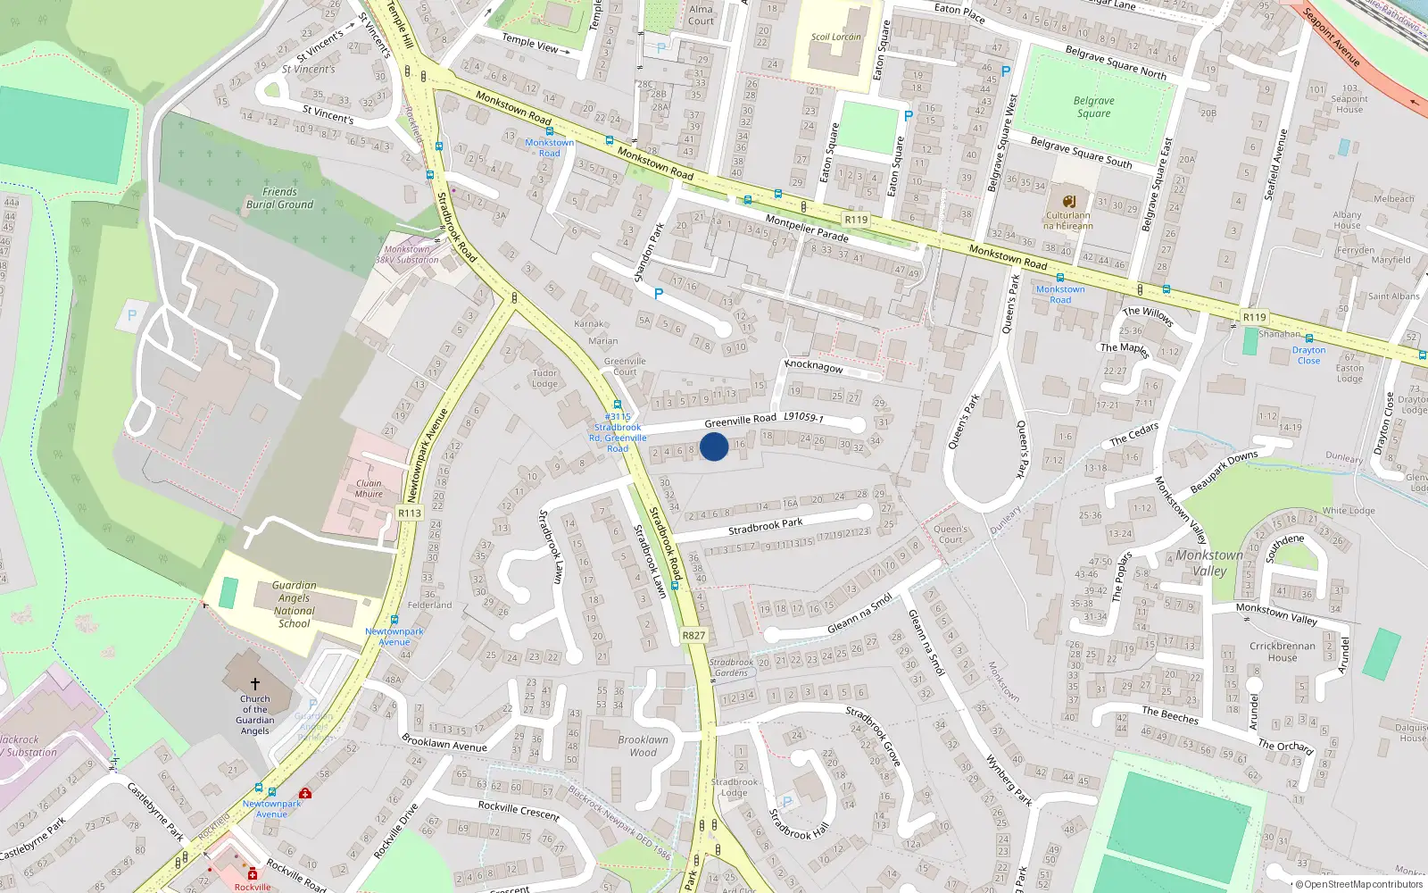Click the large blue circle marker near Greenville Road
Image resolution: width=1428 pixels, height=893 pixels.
(714, 446)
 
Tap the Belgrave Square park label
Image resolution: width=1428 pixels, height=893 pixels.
(1093, 107)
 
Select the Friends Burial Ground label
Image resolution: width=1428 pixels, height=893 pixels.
(279, 198)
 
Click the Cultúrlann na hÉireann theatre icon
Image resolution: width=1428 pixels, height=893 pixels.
(1068, 201)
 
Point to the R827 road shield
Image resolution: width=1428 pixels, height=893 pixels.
(693, 636)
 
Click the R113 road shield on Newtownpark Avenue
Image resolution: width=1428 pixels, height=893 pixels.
(410, 513)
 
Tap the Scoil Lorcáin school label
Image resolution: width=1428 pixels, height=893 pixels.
(836, 38)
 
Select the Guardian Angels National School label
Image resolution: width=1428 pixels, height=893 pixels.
(294, 605)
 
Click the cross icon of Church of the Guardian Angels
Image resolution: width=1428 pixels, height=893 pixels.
(255, 684)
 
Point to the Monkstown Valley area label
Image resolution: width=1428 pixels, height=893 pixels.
(1208, 563)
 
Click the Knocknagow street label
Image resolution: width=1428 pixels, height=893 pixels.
(813, 366)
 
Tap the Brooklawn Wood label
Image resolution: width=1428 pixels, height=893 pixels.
(643, 746)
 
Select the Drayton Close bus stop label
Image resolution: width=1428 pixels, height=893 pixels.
(1308, 355)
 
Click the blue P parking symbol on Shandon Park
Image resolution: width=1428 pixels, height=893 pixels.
(659, 294)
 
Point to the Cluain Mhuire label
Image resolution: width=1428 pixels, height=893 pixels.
(369, 488)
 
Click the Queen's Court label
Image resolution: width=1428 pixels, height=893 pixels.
(951, 534)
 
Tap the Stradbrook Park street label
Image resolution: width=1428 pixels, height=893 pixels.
(765, 526)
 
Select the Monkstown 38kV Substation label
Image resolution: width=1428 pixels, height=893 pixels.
(407, 255)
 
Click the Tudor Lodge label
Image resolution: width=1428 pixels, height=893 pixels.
(544, 379)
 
